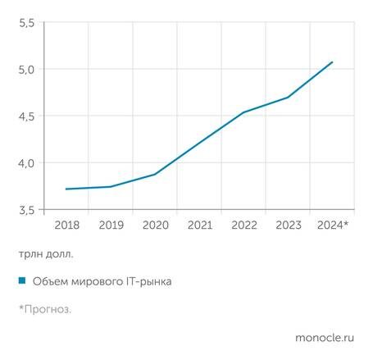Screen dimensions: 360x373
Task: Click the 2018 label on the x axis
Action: (66, 224)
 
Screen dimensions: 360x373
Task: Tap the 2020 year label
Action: (155, 224)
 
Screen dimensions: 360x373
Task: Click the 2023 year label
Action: (288, 224)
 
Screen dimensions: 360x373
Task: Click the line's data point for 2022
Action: (243, 112)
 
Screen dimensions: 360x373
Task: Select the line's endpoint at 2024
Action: (332, 62)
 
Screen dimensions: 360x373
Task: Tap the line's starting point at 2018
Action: (66, 189)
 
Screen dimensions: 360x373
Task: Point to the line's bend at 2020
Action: (155, 174)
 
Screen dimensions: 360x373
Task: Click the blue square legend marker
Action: (21, 281)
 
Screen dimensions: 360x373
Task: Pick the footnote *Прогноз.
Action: (45, 309)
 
